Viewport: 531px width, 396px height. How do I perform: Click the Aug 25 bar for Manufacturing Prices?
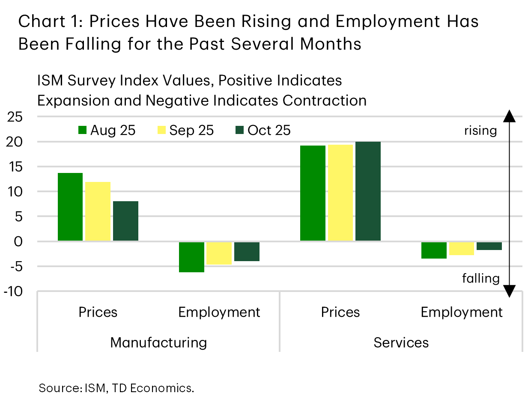70,207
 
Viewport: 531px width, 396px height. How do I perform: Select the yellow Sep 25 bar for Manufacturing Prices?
98,211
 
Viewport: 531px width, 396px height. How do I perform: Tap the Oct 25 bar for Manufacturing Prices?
125,221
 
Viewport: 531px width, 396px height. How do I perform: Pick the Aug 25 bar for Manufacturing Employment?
191,257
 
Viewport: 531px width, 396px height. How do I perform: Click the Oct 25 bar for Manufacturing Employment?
247,251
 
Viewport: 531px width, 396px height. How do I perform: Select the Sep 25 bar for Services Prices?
340,193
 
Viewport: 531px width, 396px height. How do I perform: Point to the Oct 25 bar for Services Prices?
368,191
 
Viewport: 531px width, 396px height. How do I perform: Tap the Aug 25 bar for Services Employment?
434,250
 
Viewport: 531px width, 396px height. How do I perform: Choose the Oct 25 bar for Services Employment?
489,246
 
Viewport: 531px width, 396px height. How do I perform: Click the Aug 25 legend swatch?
83,130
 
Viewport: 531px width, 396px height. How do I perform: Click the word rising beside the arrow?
480,130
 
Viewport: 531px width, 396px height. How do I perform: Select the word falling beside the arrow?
480,278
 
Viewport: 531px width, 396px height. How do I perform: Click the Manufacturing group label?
158,342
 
